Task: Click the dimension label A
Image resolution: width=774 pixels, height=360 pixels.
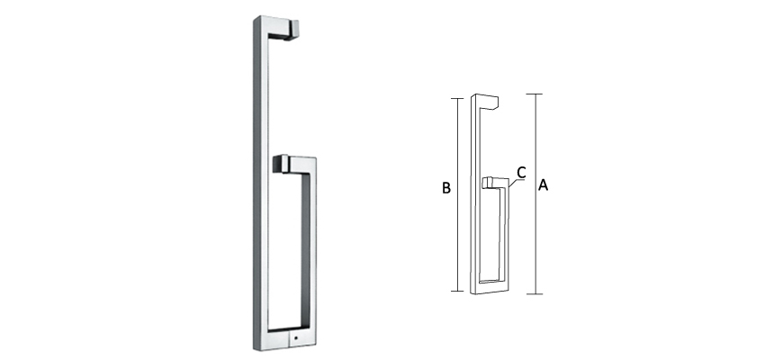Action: [x=543, y=185]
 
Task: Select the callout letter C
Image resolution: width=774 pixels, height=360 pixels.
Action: [x=521, y=171]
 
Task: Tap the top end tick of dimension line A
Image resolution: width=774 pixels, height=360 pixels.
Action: [x=536, y=94]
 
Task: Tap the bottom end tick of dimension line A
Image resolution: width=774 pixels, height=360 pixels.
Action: [x=536, y=293]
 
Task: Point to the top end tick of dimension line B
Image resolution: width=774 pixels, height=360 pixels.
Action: [x=459, y=96]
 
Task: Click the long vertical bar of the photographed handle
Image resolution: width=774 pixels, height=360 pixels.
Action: [x=257, y=180]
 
